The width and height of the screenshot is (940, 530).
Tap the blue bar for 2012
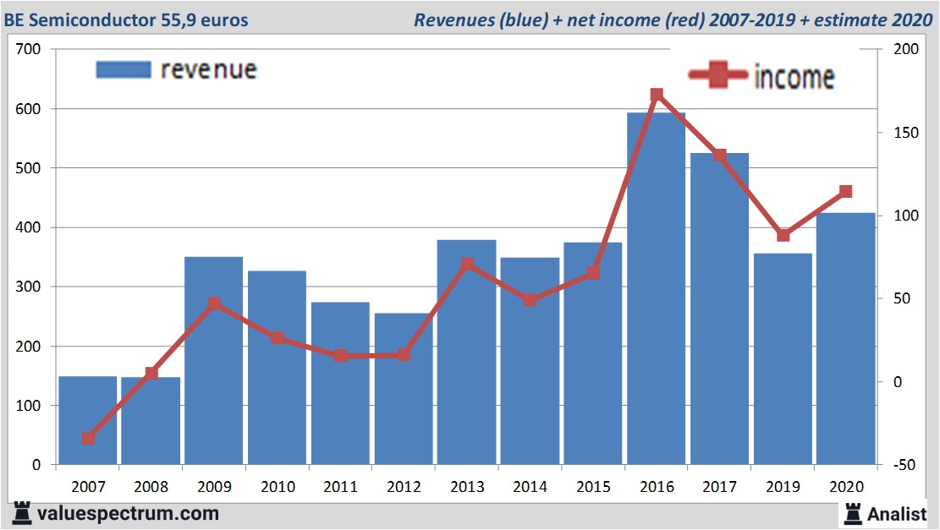pos(403,389)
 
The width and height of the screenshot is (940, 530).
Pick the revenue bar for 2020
pos(845,338)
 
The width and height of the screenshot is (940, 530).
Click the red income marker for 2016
pos(657,96)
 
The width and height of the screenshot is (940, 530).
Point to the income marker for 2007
pos(88,438)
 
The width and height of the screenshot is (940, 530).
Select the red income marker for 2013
pos(466,265)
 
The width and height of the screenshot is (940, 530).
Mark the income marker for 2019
pos(783,235)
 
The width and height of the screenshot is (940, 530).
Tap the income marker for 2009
pos(214,303)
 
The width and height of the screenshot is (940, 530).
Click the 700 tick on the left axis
pos(30,50)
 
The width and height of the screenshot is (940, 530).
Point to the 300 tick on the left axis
pos(30,287)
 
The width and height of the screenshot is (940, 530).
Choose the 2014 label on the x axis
pos(530,487)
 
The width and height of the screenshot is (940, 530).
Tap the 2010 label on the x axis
pos(278,487)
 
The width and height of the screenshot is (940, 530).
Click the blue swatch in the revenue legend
pos(124,69)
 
